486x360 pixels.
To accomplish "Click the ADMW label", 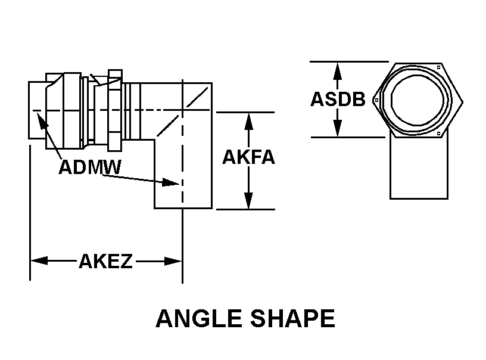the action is (x=90, y=167).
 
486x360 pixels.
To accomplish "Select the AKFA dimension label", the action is (x=248, y=157).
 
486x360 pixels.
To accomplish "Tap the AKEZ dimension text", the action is (x=105, y=261).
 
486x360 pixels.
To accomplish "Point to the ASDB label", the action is (x=338, y=99).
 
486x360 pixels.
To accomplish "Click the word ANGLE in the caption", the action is (x=199, y=318).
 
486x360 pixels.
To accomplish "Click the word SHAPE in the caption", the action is (x=292, y=318).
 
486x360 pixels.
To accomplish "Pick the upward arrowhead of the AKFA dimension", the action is (x=248, y=121).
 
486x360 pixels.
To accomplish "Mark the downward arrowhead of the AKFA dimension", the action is (x=248, y=201).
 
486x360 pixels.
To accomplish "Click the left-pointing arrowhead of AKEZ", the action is (x=39, y=261).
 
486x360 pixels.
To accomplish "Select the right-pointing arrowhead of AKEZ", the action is (x=173, y=261).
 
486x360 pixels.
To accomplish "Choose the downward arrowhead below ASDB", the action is (x=338, y=128).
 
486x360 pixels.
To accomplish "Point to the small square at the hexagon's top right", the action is (x=438, y=67).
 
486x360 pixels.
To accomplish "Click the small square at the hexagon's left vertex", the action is (x=376, y=100).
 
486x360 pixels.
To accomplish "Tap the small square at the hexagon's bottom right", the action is (x=438, y=134).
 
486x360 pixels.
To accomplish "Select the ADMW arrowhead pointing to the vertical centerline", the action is (x=171, y=182).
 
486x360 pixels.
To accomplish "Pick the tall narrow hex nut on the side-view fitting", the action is (x=115, y=110).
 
